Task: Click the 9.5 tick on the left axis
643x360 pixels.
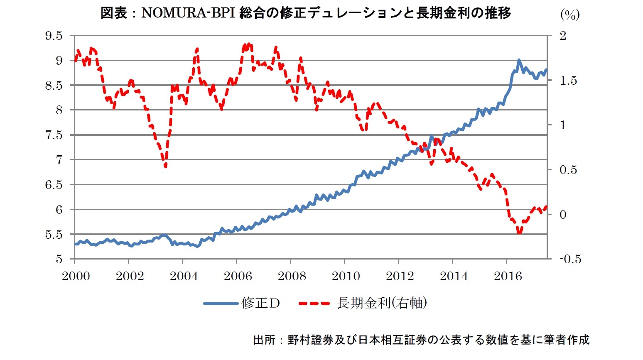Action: pyautogui.click(x=54, y=36)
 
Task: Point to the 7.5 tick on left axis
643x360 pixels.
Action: pyautogui.click(x=54, y=135)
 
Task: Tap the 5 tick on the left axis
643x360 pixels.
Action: pyautogui.click(x=59, y=259)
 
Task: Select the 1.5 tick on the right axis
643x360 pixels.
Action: pyautogui.click(x=568, y=81)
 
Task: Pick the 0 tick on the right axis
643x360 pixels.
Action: pyautogui.click(x=563, y=215)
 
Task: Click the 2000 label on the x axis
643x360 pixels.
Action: pyautogui.click(x=76, y=276)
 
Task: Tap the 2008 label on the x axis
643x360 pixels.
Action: pyautogui.click(x=292, y=276)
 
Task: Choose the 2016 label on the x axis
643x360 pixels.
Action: pyautogui.click(x=508, y=276)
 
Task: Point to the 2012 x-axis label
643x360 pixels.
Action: pyautogui.click(x=400, y=276)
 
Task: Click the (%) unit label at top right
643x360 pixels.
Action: pyautogui.click(x=569, y=15)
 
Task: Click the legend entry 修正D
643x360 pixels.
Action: pyautogui.click(x=260, y=303)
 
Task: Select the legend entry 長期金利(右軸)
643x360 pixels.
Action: pyautogui.click(x=382, y=303)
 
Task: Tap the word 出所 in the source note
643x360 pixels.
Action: pyautogui.click(x=264, y=340)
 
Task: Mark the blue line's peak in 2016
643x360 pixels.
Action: pyautogui.click(x=519, y=60)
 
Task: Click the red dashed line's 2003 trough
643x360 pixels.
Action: pyautogui.click(x=165, y=167)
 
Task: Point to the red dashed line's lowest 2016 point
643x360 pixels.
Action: pyautogui.click(x=519, y=233)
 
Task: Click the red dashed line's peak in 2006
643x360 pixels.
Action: pyautogui.click(x=248, y=44)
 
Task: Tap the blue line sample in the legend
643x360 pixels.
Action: pyautogui.click(x=221, y=304)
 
